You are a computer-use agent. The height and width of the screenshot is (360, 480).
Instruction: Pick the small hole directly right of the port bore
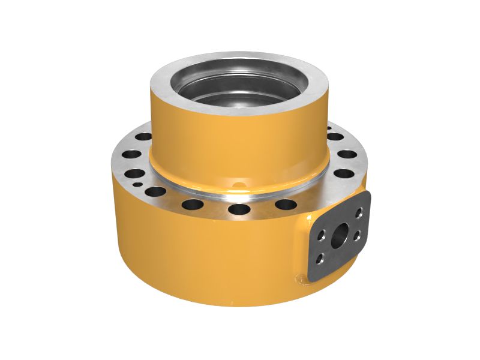tap(357, 235)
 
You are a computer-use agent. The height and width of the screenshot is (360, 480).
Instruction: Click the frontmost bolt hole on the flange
tap(239, 209)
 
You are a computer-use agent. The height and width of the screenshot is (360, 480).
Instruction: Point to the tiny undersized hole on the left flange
tap(137, 184)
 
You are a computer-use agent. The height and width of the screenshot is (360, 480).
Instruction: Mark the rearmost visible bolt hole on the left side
tap(144, 136)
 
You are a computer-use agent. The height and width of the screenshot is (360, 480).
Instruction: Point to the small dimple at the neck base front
tap(239, 184)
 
